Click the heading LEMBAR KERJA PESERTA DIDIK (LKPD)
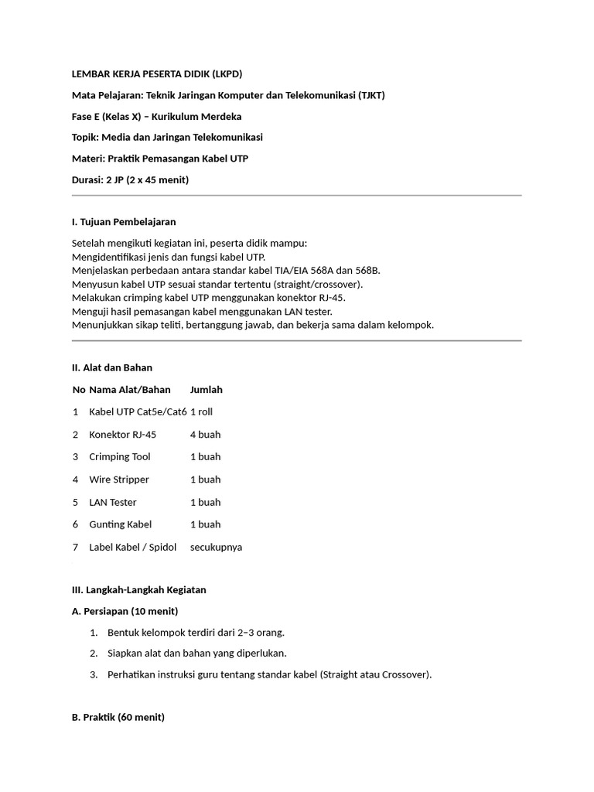point(157,74)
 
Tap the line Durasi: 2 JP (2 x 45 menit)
point(130,180)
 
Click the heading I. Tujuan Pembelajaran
point(124,222)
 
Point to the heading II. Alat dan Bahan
point(112,367)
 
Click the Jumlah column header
point(207,390)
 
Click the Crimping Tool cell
point(120,457)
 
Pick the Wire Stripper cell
point(119,480)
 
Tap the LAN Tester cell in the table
point(113,502)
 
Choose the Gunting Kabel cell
point(121,524)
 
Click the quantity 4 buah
point(206,435)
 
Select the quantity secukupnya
point(216,547)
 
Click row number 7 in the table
point(76,547)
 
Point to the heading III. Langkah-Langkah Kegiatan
point(139,589)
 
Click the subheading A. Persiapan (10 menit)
point(125,611)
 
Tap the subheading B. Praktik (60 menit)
point(118,717)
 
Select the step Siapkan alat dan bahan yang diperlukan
point(197,653)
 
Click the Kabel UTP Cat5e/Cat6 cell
point(138,412)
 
